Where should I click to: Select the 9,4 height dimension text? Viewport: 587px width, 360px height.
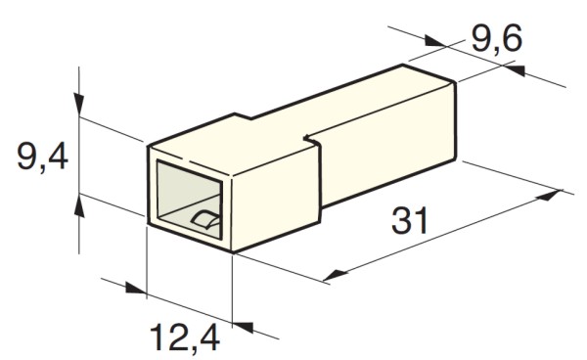point(43,157)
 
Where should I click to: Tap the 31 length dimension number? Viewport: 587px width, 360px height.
point(409,220)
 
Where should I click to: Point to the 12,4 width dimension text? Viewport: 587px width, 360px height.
point(185,337)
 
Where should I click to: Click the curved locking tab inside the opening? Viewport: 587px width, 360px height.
point(205,219)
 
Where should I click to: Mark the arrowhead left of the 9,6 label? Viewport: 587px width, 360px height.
point(435,41)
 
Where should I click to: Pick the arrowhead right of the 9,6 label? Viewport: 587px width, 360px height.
point(514,69)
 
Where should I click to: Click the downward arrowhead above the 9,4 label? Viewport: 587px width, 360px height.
point(78,104)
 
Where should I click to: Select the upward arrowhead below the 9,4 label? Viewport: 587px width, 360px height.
point(78,204)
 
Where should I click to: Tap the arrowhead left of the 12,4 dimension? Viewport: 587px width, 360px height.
point(136,289)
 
